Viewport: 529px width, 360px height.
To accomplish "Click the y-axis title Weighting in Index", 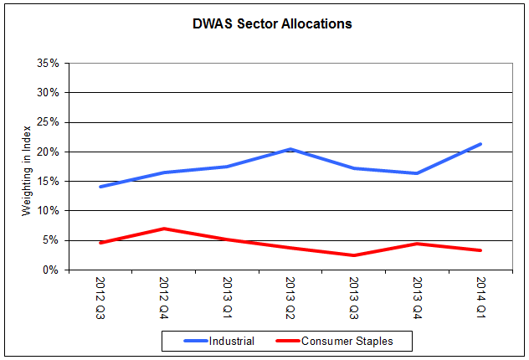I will (x=27, y=167).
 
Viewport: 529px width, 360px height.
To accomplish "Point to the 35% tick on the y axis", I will (x=47, y=63).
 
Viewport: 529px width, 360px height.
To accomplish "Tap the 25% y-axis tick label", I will (x=47, y=122).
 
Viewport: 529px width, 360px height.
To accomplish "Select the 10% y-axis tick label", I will (x=47, y=211).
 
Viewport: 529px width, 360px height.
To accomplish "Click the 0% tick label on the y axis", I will (x=50, y=270).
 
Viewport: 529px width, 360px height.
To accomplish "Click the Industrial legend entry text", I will (x=232, y=341).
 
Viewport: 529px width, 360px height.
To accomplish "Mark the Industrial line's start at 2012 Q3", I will (x=101, y=187).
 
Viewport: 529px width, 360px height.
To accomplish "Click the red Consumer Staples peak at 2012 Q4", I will (x=164, y=229).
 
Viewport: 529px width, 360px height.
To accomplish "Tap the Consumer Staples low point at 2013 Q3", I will (x=354, y=255).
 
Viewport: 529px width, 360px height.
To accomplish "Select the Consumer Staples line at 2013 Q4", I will (x=417, y=244).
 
